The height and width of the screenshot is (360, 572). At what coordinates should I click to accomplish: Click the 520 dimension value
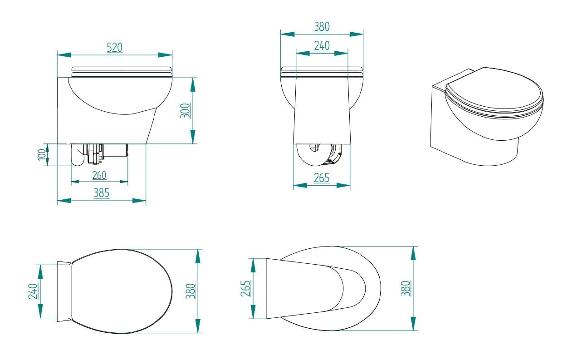coord(114,48)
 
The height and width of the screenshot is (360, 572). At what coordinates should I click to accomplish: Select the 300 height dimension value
coord(185,111)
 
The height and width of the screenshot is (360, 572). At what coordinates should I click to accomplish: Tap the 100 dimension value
coord(42,155)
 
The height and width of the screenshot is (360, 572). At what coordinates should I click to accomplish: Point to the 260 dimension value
coord(99,175)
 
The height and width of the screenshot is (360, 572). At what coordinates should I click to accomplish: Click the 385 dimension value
coord(101,193)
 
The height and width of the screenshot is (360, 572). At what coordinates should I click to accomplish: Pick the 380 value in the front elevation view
coord(322,27)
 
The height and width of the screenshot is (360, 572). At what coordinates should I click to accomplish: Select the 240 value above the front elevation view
coord(322,46)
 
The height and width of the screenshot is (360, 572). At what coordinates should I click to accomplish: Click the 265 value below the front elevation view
coord(322,178)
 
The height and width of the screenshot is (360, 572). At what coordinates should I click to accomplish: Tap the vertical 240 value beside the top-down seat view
coord(33,291)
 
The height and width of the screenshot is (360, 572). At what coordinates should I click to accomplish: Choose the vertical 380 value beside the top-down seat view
coord(191,291)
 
